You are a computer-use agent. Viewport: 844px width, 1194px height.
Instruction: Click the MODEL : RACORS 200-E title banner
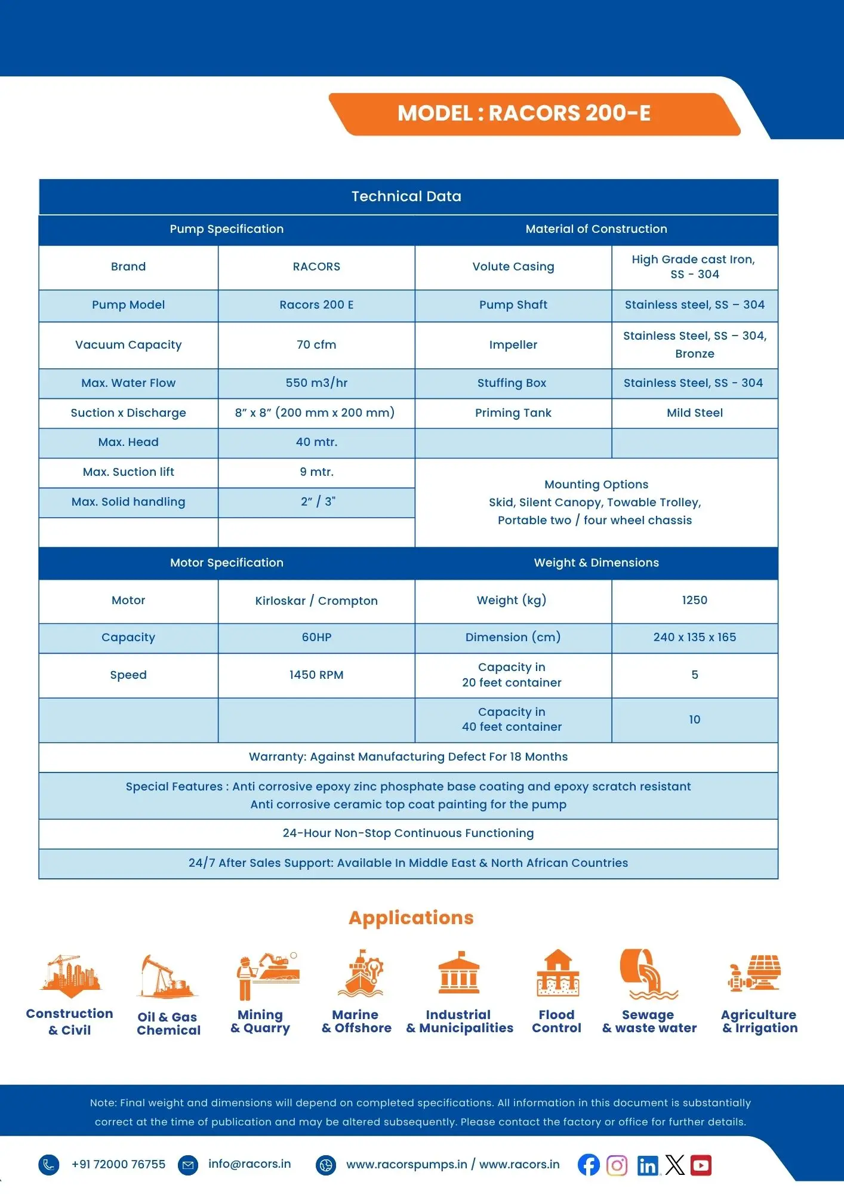click(x=524, y=113)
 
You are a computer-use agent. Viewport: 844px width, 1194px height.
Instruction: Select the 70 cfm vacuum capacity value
click(x=316, y=344)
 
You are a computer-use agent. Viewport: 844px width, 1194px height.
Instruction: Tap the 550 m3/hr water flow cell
click(x=316, y=383)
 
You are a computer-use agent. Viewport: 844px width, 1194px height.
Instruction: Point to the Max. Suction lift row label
click(x=128, y=472)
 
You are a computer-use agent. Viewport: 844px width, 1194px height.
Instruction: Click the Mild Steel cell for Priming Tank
click(x=694, y=413)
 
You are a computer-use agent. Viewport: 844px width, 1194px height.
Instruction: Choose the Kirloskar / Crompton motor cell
click(x=316, y=601)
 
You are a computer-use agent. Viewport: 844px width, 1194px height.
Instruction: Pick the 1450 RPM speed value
click(x=316, y=675)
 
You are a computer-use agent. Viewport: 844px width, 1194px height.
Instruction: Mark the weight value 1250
click(x=694, y=600)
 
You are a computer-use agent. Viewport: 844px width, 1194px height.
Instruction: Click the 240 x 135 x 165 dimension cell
click(x=694, y=637)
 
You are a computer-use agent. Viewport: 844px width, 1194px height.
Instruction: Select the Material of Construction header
click(x=596, y=229)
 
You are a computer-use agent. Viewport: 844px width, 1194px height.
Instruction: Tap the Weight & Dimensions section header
click(x=596, y=562)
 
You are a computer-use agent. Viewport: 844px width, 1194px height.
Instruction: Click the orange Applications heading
click(x=411, y=918)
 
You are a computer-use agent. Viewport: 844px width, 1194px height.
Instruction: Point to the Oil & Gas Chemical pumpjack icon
click(x=167, y=977)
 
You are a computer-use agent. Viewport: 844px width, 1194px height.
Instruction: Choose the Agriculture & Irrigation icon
click(x=755, y=973)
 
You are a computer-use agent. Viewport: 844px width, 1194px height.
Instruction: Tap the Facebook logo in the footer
click(x=589, y=1165)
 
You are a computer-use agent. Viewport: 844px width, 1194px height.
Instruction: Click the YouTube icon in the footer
click(x=701, y=1165)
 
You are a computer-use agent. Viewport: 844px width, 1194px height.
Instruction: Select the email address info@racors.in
click(x=249, y=1164)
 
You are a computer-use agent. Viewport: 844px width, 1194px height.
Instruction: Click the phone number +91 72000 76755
click(x=118, y=1164)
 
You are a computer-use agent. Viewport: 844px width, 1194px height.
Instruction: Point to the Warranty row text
click(x=408, y=756)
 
